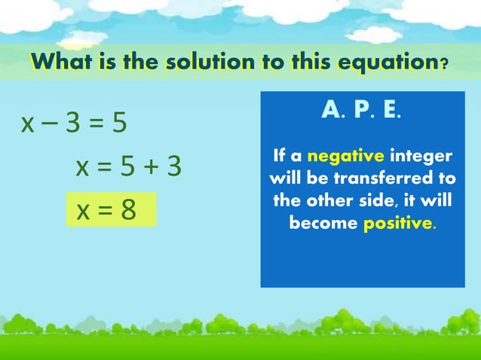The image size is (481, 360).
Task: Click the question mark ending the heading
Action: (x=445, y=63)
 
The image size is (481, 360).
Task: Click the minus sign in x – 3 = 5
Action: (x=52, y=123)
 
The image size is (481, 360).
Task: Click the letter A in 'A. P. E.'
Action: (x=329, y=111)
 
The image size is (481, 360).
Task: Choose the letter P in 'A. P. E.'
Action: (x=361, y=111)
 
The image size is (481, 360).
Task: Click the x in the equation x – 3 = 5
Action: (x=29, y=124)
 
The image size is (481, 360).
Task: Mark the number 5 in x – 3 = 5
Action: (x=119, y=123)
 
